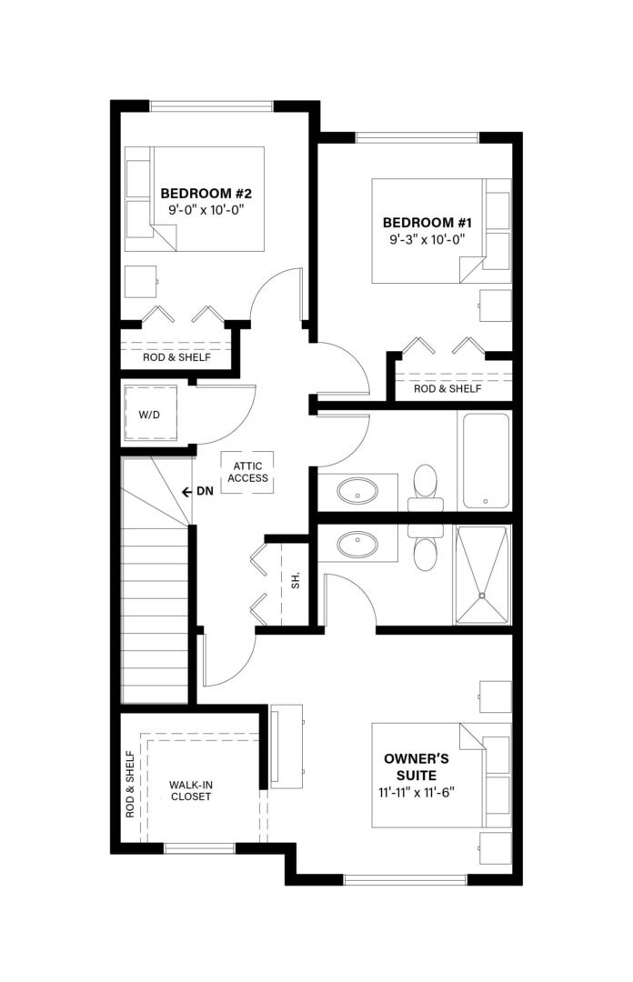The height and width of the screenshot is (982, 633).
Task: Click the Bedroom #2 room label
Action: point(206,194)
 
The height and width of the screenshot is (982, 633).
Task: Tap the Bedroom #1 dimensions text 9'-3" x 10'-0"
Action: point(427,239)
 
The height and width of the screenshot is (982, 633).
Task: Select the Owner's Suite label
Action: point(417,767)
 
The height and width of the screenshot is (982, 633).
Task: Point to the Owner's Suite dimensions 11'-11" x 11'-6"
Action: point(417,792)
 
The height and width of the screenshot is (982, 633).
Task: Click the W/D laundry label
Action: point(149,415)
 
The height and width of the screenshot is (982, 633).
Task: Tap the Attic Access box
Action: point(247,472)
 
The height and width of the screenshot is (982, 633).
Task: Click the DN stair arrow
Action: point(186,492)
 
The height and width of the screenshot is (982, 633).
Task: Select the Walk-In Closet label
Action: point(190,790)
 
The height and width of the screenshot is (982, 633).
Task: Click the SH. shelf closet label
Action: point(296,579)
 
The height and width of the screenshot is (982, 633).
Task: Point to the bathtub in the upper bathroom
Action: point(487,460)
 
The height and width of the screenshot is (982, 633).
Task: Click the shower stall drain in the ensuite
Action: point(482,596)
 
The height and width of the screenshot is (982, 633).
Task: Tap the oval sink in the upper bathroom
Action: point(357,491)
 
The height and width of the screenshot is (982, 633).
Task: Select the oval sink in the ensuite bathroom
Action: point(357,545)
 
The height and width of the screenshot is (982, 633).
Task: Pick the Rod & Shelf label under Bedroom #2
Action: point(176,357)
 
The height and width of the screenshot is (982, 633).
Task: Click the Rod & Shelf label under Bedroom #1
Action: point(447,388)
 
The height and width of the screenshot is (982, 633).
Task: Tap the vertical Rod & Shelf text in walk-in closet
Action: point(130,784)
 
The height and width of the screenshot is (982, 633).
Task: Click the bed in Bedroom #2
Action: point(195,199)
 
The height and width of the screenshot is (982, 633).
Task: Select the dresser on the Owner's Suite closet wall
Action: point(286,744)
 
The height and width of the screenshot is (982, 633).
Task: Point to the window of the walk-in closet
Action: point(199,848)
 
